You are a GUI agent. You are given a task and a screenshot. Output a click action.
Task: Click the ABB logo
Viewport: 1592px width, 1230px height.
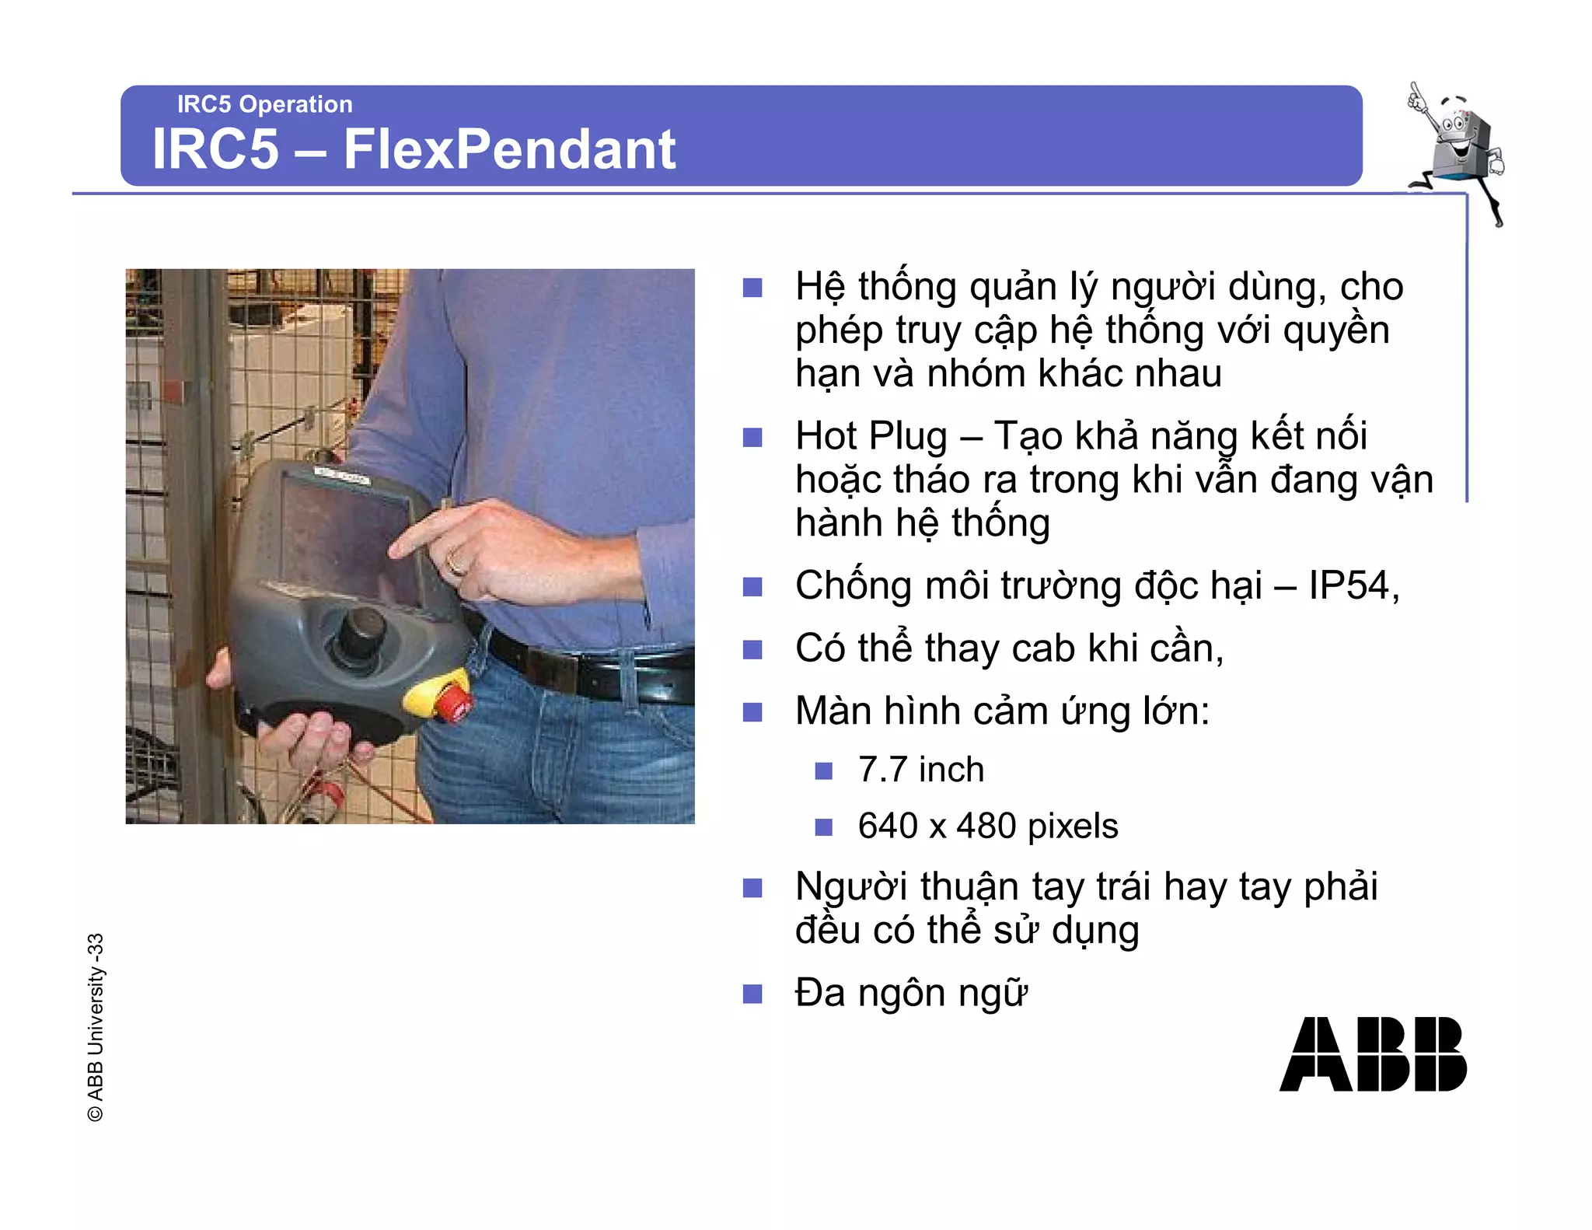click(x=1372, y=1054)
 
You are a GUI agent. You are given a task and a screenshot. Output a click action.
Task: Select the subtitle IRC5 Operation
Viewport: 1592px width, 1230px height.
click(x=264, y=104)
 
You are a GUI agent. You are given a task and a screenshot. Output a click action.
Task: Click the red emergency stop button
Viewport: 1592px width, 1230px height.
click(x=452, y=702)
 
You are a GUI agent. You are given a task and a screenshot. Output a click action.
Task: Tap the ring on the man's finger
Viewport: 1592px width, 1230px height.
click(x=456, y=562)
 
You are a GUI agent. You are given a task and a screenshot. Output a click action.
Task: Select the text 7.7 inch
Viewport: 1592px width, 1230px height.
click(x=920, y=770)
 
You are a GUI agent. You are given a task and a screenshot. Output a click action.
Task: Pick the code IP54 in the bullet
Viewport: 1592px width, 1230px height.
click(x=1349, y=585)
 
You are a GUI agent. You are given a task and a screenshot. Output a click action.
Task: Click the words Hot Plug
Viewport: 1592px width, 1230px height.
click(x=871, y=436)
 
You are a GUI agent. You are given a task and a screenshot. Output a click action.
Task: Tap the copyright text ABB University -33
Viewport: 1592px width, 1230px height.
click(x=95, y=1026)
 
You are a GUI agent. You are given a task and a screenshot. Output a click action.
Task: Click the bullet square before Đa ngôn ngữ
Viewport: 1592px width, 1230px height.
click(x=752, y=994)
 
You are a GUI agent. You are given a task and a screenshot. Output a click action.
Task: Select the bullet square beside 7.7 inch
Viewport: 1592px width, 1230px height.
click(x=823, y=771)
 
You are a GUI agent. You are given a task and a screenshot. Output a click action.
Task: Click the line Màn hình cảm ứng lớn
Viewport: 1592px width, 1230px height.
click(x=1002, y=711)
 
